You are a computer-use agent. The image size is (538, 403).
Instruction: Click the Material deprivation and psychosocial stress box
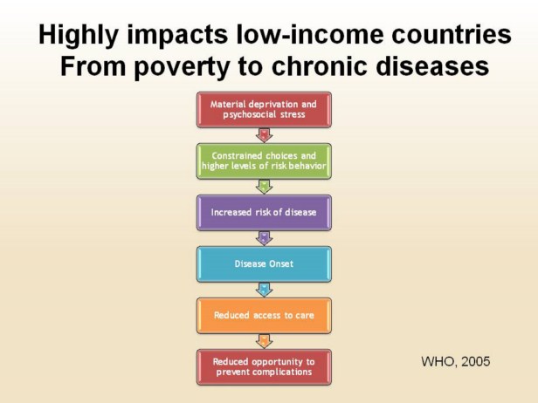pyautogui.click(x=264, y=110)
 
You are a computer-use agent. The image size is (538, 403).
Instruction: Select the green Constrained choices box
pyautogui.click(x=264, y=161)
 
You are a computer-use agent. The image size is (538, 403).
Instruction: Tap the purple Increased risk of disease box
pyautogui.click(x=264, y=213)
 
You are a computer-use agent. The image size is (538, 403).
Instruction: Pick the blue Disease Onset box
pyautogui.click(x=264, y=263)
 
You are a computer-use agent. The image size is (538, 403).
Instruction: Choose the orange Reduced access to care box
pyautogui.click(x=264, y=315)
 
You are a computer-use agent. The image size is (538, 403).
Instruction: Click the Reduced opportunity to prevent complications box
pyautogui.click(x=264, y=367)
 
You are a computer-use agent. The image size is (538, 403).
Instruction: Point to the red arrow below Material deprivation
pyautogui.click(x=264, y=135)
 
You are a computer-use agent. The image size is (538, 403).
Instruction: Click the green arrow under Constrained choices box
pyautogui.click(x=264, y=187)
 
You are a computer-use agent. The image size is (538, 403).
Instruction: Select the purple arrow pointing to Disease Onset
pyautogui.click(x=264, y=238)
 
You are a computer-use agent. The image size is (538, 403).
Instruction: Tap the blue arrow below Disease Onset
pyautogui.click(x=264, y=290)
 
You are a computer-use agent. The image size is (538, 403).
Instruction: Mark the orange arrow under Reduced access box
pyautogui.click(x=264, y=341)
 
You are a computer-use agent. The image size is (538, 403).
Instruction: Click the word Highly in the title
pyautogui.click(x=79, y=36)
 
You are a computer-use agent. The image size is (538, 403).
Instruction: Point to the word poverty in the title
pyautogui.click(x=182, y=67)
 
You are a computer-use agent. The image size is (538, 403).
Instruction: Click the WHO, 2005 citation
pyautogui.click(x=455, y=361)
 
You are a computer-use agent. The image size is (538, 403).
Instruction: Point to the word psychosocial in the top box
pyautogui.click(x=250, y=114)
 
